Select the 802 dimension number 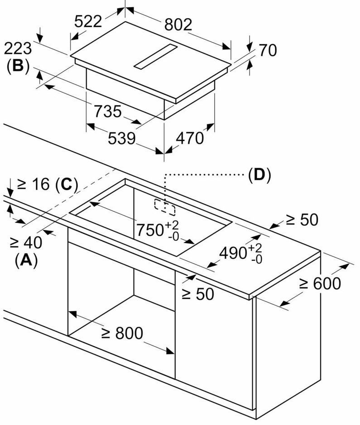coord(178,25)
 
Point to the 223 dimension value coord(18,48)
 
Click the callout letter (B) coord(18,66)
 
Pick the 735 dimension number coord(107,111)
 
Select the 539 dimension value coord(122,138)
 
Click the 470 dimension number coord(189,138)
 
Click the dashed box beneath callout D coord(165,207)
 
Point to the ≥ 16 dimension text coord(34,184)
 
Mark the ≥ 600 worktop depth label coord(320,284)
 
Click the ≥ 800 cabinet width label coord(122,334)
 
